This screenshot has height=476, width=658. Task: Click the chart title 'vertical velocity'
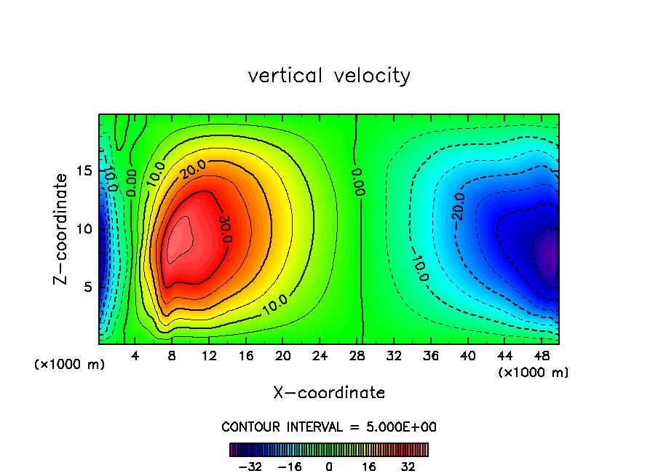pos(329,76)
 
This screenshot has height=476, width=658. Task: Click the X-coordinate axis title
pos(329,393)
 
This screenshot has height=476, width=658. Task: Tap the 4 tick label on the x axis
pos(135,356)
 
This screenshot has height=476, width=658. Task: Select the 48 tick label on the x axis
pos(542,356)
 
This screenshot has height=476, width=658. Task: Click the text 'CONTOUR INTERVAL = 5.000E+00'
pos(329,427)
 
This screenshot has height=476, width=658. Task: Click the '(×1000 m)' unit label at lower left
pos(69,365)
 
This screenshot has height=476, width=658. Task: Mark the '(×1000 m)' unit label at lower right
pos(534,373)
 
